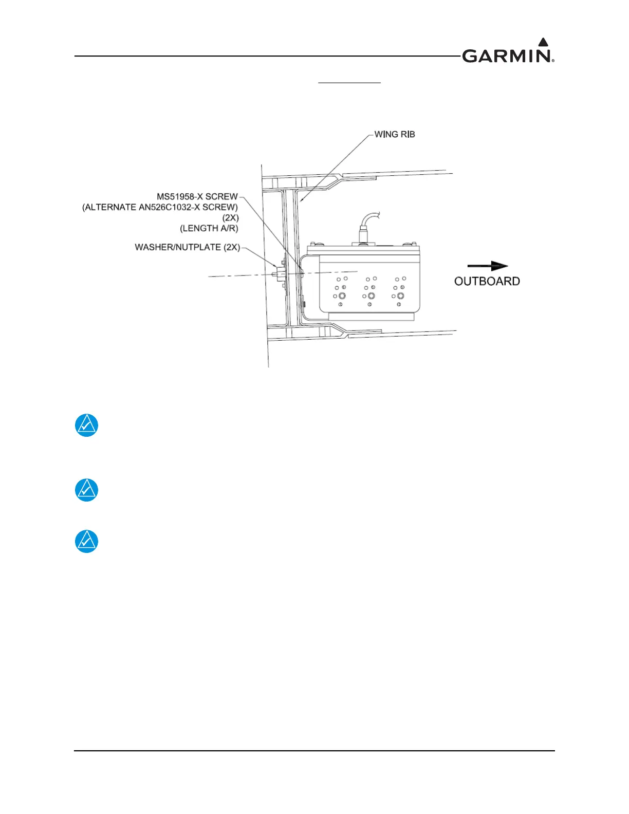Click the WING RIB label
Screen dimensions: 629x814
(x=394, y=134)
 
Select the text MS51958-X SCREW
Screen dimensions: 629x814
(x=197, y=196)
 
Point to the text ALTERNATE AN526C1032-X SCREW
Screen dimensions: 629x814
(x=160, y=207)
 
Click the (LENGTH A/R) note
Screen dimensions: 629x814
(x=209, y=228)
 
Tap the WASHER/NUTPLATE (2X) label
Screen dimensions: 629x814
(x=187, y=247)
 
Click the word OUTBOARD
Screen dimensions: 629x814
(x=487, y=281)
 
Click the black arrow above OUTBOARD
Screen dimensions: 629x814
(x=487, y=266)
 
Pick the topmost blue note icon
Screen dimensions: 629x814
(x=86, y=425)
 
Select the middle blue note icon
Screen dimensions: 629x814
(x=86, y=490)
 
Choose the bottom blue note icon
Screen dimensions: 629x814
(x=86, y=541)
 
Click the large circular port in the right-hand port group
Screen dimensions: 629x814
(x=400, y=296)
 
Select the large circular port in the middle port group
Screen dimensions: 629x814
(x=371, y=296)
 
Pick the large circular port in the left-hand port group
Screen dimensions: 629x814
(x=342, y=296)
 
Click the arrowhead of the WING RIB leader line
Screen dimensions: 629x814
(x=302, y=200)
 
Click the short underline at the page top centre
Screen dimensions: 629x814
(x=349, y=82)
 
